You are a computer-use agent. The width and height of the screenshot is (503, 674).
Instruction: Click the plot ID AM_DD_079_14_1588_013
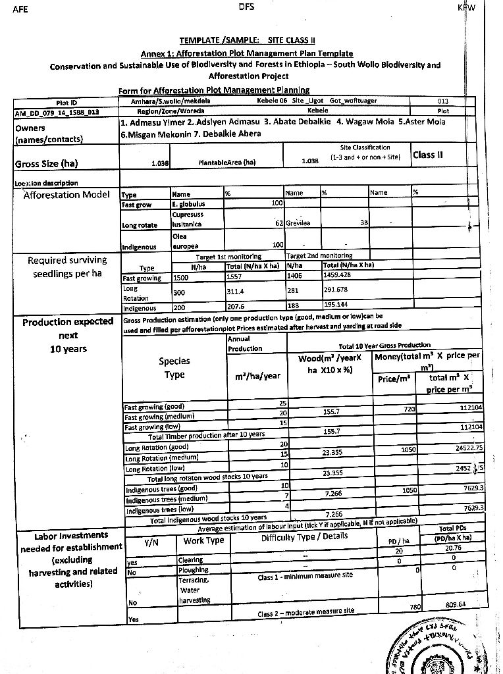pyautogui.click(x=57, y=113)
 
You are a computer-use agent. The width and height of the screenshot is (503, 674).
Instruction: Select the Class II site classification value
pyautogui.click(x=428, y=155)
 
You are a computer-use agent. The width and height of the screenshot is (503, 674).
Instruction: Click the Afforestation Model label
pyautogui.click(x=66, y=195)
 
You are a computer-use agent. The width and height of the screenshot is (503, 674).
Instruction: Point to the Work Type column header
pyautogui.click(x=203, y=541)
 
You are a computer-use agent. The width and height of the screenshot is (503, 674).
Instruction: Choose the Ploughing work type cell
pyautogui.click(x=193, y=570)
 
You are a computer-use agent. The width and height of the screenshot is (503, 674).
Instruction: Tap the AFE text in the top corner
pyautogui.click(x=20, y=9)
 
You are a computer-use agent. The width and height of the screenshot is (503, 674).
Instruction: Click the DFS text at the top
pyautogui.click(x=246, y=7)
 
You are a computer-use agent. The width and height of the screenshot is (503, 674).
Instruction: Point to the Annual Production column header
pyautogui.click(x=244, y=344)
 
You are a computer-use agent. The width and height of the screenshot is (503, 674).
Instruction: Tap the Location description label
pyautogui.click(x=46, y=183)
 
